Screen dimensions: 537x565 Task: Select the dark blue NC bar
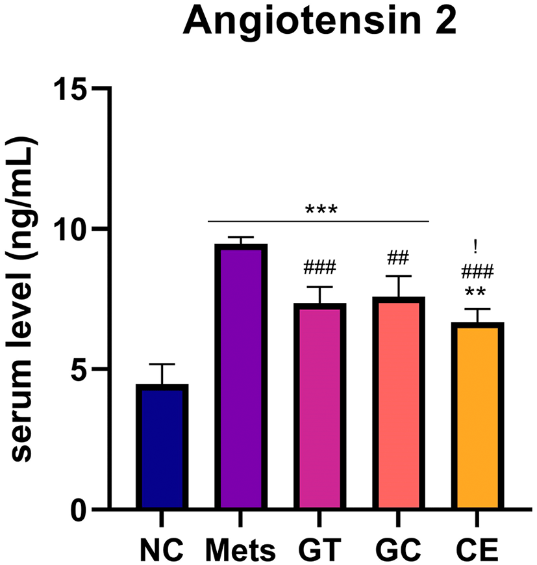pos(162,447)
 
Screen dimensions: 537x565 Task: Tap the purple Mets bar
pos(241,376)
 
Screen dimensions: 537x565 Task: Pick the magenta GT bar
pos(319,406)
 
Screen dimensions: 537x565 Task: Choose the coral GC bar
pos(399,403)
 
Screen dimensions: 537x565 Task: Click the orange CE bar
pos(477,415)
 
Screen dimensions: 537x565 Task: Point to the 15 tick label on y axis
pos(70,88)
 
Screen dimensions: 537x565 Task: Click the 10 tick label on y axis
pos(70,230)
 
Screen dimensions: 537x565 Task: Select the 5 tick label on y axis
pos(79,369)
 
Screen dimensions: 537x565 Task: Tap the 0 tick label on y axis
pos(79,510)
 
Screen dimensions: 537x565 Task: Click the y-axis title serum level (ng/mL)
pos(23,299)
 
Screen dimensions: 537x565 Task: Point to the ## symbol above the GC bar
pos(398,258)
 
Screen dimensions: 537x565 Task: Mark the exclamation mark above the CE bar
pos(475,247)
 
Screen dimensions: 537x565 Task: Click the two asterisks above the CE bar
pos(475,291)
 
